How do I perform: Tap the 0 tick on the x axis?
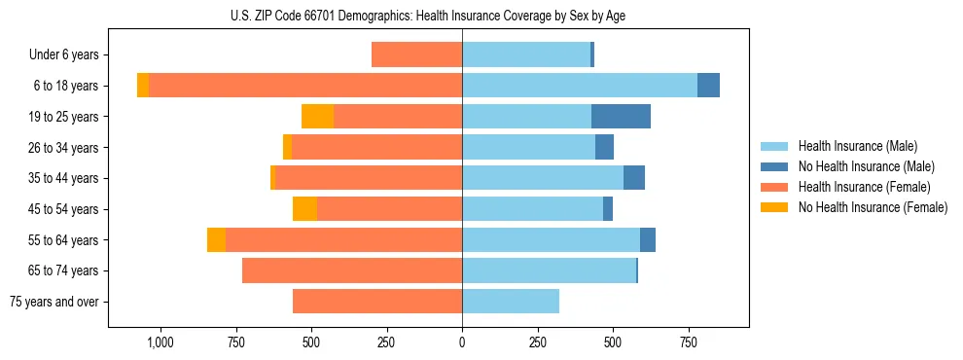tap(462, 342)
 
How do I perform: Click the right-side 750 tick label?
tap(689, 342)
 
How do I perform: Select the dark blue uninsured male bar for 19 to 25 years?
tap(621, 117)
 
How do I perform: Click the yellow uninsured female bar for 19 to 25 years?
tap(317, 117)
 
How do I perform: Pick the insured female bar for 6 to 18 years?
tap(305, 86)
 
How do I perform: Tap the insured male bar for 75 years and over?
tap(511, 302)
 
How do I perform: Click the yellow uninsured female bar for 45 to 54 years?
tap(304, 209)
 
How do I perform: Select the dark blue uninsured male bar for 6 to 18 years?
tap(708, 86)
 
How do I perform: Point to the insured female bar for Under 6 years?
tap(416, 55)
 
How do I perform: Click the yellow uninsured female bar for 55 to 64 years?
tap(216, 240)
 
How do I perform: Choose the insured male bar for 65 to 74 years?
tap(549, 270)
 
